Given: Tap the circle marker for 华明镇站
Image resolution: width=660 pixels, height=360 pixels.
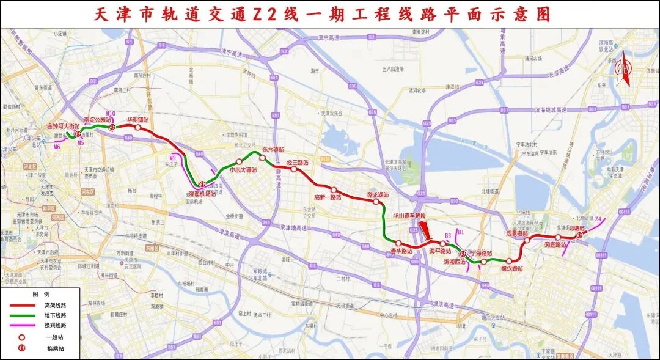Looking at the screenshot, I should coord(138,128).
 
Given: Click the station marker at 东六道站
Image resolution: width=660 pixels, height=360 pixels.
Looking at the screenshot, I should coord(262,158).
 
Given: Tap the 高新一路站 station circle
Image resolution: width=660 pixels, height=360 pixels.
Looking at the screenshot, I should coord(334,189).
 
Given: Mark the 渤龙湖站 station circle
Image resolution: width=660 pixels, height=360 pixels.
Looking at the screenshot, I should coord(375,200).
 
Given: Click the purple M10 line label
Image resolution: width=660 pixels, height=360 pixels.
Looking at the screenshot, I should coord(110,114).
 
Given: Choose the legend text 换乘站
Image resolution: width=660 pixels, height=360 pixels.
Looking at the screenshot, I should coord(55,348).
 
